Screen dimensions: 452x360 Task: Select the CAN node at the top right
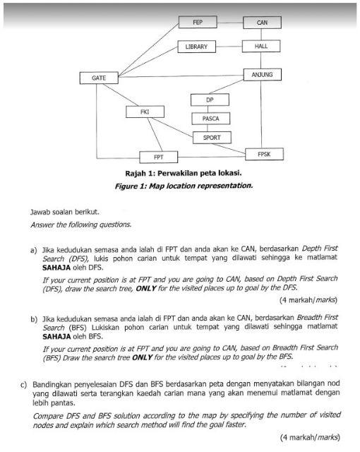coord(262,23)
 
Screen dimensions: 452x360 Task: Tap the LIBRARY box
coord(197,47)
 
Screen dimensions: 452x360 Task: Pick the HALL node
coord(262,47)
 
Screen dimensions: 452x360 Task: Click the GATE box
coord(99,77)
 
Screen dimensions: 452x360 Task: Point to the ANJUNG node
coord(262,74)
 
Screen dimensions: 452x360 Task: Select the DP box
coord(210,100)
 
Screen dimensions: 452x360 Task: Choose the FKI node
coord(145,112)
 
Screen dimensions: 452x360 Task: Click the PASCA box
coord(211,119)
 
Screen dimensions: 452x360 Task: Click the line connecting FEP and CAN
coord(229,23)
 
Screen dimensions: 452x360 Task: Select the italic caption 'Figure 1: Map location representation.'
coord(183,186)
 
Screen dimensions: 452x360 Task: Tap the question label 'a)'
coord(33,250)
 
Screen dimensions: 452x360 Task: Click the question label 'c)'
coord(25,385)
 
